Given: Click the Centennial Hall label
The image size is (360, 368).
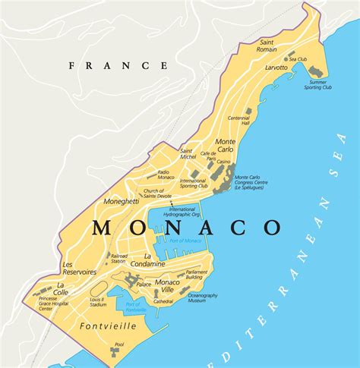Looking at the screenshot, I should (238, 121).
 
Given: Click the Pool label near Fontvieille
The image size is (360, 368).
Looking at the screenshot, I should (118, 365).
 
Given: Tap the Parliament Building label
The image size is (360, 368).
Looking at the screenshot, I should (197, 274).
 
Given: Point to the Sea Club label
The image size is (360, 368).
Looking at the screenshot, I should (297, 58).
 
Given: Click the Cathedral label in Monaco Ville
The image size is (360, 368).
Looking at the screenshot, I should (163, 301).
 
